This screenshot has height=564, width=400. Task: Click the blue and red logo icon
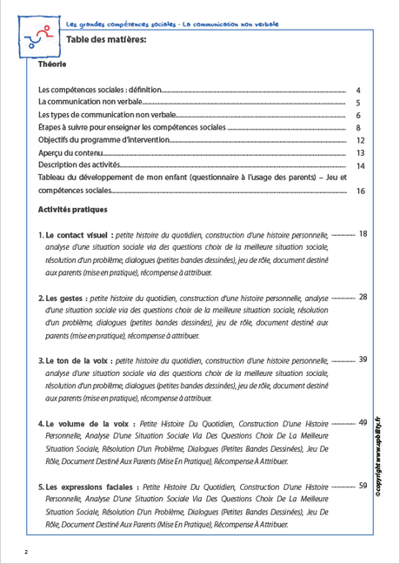[37, 36]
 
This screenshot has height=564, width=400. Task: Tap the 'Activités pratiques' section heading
[72, 210]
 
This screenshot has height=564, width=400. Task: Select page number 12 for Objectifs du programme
[361, 140]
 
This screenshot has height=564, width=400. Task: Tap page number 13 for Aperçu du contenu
[361, 153]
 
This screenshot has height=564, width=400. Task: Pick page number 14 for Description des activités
[361, 165]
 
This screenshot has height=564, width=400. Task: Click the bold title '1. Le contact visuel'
[74, 235]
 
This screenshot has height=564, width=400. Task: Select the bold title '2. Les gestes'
[60, 298]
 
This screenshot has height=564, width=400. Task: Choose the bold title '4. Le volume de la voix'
[82, 424]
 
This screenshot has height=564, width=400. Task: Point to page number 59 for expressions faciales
[363, 487]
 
